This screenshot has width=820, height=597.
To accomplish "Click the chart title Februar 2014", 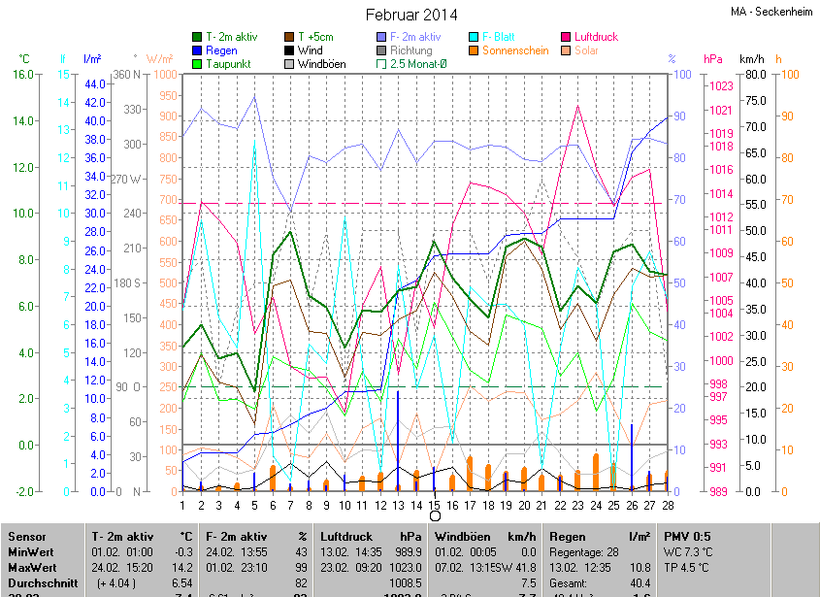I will (x=410, y=15).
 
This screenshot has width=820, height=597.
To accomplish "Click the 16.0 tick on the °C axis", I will (x=22, y=75).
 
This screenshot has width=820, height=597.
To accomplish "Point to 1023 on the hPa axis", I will (x=721, y=86).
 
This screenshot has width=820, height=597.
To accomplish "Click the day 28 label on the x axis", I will (x=668, y=504).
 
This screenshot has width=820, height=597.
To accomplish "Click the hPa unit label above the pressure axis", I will (x=713, y=59).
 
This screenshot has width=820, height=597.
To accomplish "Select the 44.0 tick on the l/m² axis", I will (x=94, y=84).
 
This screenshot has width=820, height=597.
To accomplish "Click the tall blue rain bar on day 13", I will (x=398, y=437).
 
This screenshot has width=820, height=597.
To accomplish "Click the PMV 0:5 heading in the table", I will (x=687, y=537).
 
